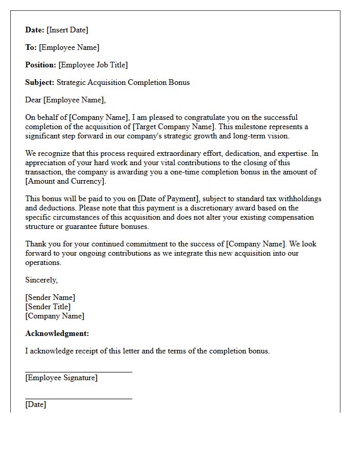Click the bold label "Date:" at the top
(x=35, y=30)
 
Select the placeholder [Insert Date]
(x=67, y=30)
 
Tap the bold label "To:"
(x=31, y=47)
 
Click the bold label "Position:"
(x=41, y=65)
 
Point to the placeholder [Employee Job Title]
(x=93, y=65)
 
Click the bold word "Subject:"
(x=40, y=82)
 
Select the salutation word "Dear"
(x=33, y=100)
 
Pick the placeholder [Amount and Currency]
(x=65, y=181)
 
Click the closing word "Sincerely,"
(x=42, y=280)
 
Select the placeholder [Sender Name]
(x=50, y=297)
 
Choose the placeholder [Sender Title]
(x=48, y=307)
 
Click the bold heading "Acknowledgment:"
(x=57, y=333)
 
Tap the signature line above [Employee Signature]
(x=78, y=371)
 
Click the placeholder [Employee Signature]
(x=61, y=378)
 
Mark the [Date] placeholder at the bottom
(x=35, y=404)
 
